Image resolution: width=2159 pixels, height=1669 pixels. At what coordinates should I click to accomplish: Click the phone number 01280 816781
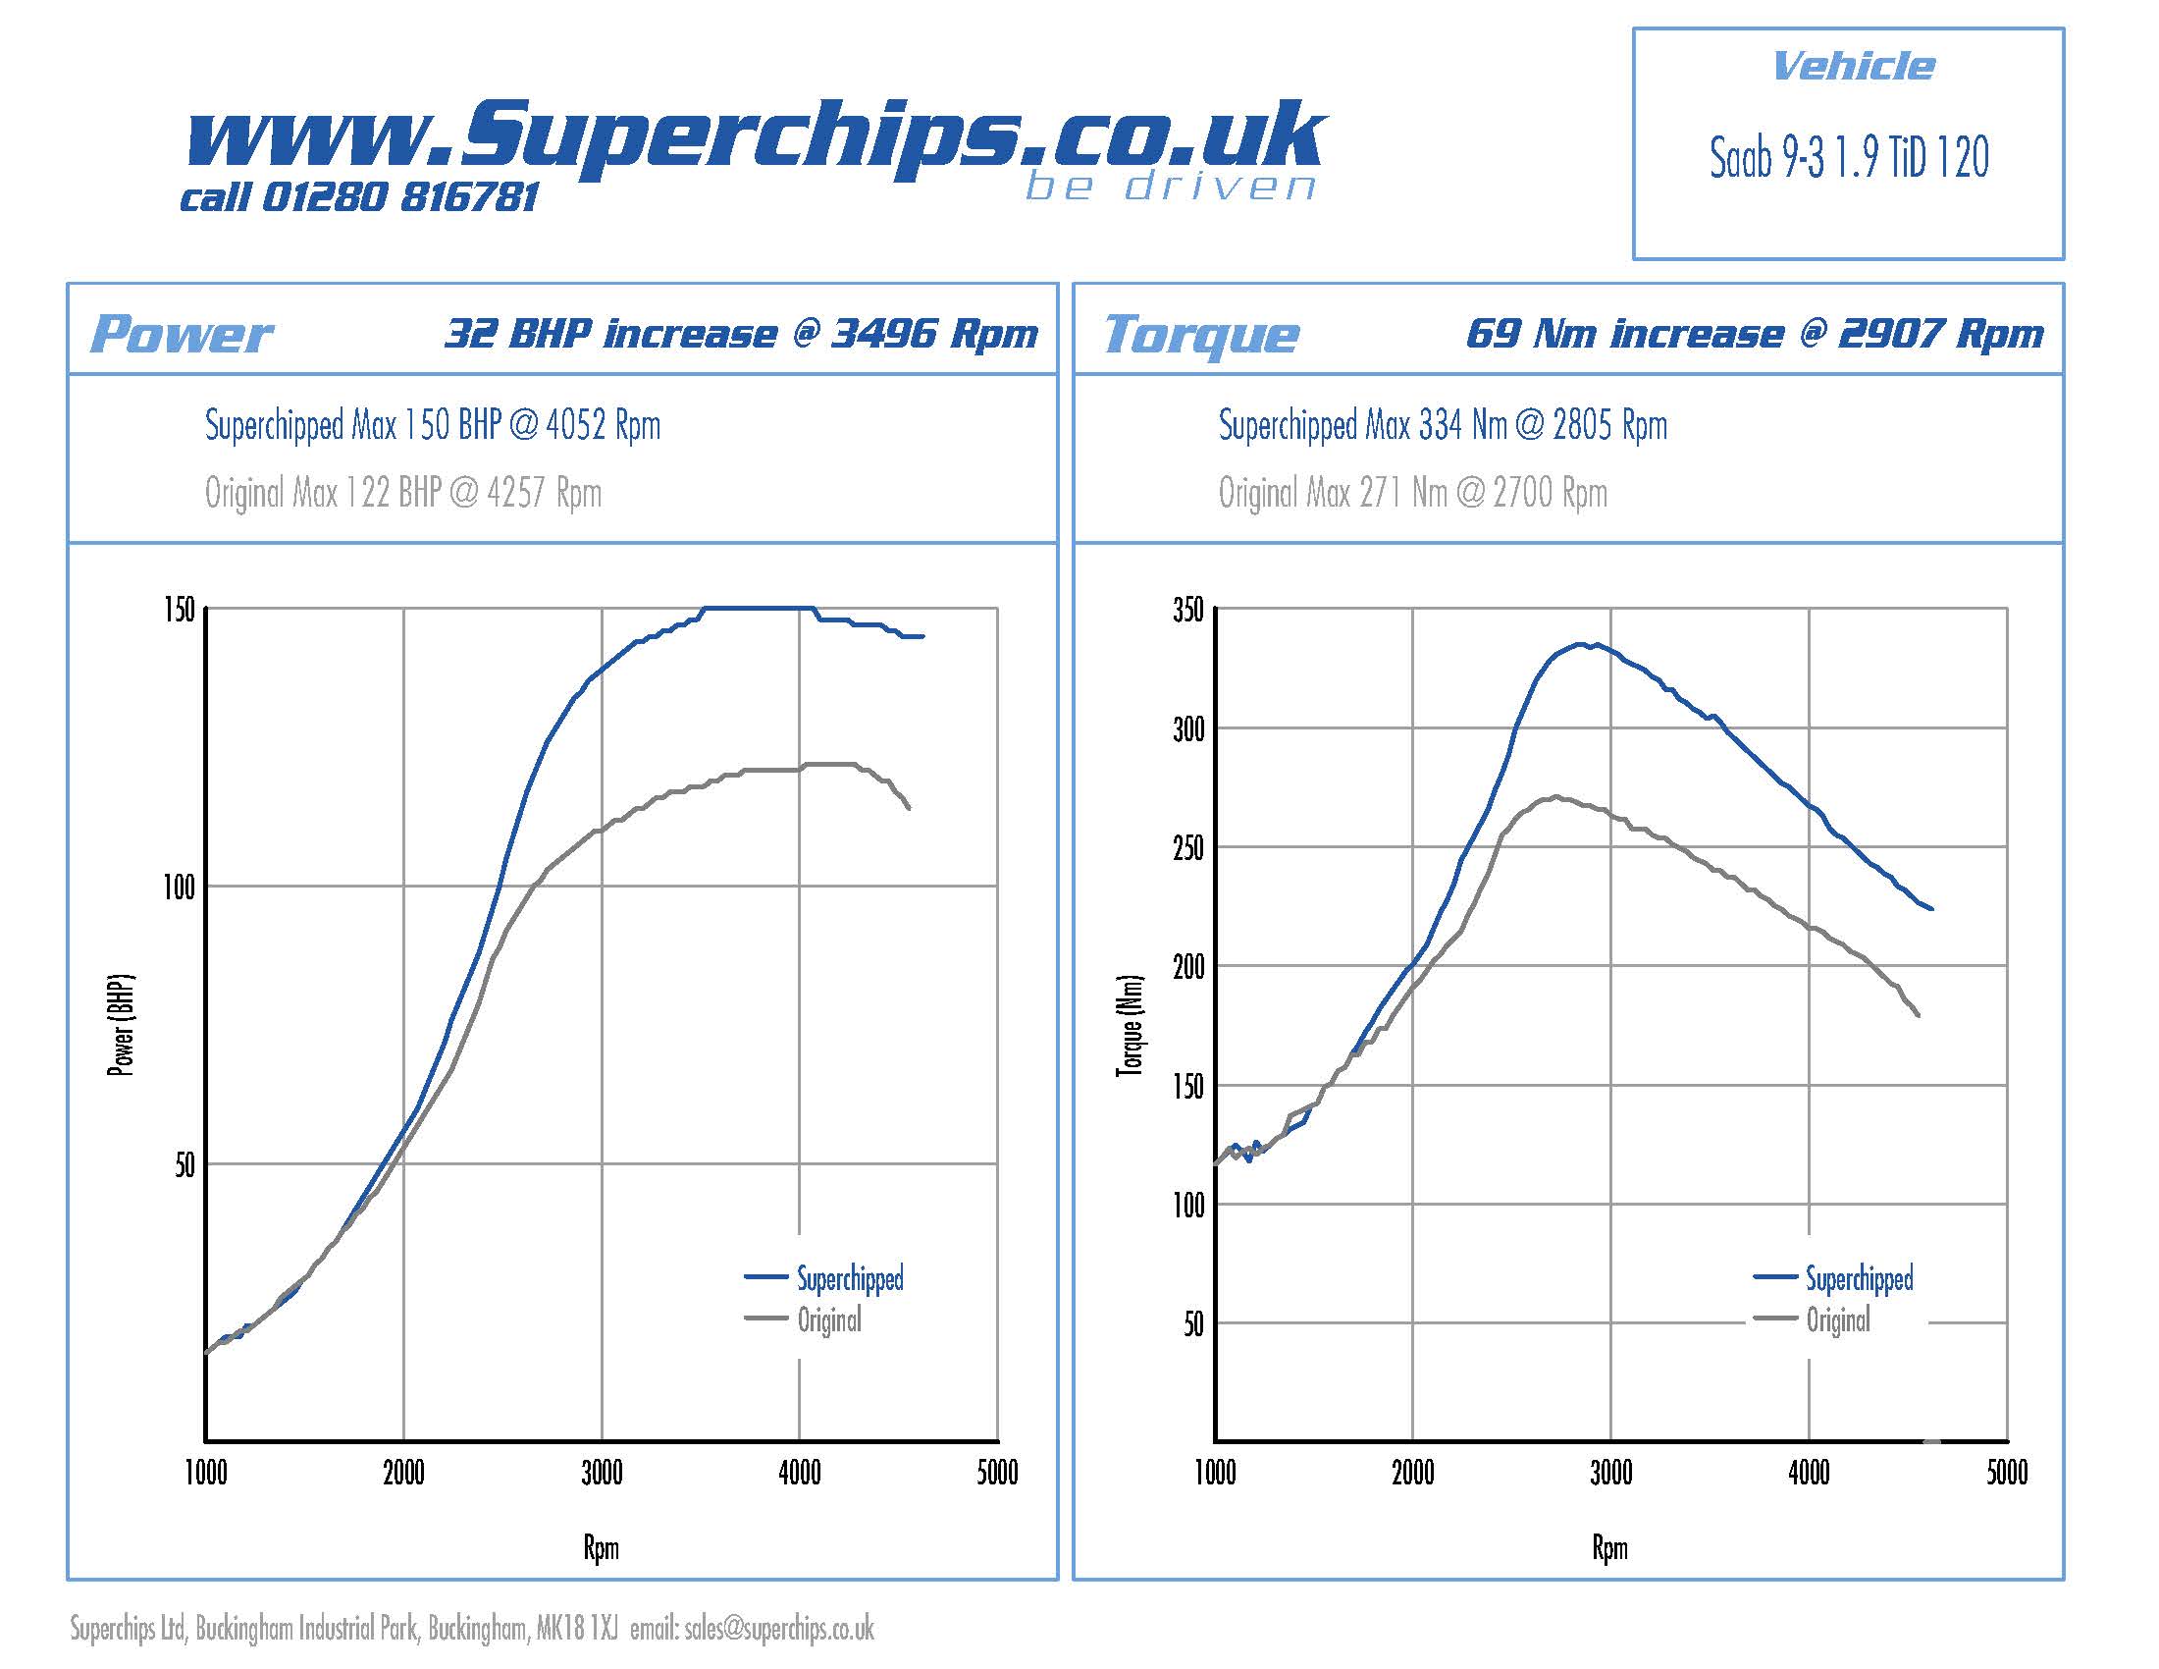[400, 196]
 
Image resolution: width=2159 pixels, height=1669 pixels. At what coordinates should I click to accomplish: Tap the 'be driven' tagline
[1171, 186]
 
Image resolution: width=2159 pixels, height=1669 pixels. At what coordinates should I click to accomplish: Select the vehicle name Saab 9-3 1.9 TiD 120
[1849, 158]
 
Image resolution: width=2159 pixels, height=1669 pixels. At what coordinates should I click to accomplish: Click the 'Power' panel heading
[181, 334]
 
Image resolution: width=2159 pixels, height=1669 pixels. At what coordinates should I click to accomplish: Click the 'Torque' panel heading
[1201, 334]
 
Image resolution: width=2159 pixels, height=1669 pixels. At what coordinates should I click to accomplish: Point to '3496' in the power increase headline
[883, 334]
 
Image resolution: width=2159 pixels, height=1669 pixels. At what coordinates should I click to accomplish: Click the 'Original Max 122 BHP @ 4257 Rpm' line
[403, 493]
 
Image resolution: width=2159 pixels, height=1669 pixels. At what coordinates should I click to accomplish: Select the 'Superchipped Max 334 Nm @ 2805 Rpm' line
[1443, 425]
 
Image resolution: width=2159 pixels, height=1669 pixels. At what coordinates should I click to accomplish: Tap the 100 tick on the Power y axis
[179, 887]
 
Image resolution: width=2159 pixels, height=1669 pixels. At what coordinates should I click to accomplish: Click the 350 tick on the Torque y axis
[1188, 610]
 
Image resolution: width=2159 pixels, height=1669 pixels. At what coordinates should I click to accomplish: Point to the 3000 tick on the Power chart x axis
[601, 1474]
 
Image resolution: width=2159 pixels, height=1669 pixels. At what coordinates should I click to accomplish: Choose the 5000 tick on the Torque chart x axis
[2007, 1474]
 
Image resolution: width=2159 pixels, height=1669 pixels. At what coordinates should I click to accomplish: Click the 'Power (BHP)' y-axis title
[120, 1024]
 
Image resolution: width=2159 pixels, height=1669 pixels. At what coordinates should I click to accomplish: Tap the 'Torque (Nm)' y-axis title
[1130, 1024]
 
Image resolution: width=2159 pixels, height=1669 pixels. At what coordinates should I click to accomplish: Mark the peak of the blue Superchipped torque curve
[1582, 644]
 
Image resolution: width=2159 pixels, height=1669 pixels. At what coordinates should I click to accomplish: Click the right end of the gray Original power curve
[909, 809]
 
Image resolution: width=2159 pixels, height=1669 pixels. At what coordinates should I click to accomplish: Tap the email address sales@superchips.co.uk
[779, 1629]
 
